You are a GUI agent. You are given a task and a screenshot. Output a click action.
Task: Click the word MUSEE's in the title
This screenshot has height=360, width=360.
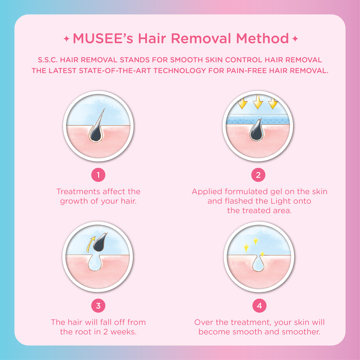[103, 38]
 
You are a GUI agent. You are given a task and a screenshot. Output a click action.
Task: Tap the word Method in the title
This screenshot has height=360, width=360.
[262, 38]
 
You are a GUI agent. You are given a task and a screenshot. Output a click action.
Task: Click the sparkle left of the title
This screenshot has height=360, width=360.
[66, 39]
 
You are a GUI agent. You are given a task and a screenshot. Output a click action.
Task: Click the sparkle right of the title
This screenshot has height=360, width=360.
[295, 39]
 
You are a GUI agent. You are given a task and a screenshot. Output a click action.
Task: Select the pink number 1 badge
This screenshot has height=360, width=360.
[98, 175]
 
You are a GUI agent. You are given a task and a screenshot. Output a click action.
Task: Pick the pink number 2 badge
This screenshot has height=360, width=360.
[258, 175]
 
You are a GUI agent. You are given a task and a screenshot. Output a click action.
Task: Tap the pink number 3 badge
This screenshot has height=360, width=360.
[98, 306]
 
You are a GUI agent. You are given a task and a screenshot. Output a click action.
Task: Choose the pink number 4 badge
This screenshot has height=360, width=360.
[259, 306]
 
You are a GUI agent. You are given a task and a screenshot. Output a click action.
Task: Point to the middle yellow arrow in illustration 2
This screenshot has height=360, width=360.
[258, 102]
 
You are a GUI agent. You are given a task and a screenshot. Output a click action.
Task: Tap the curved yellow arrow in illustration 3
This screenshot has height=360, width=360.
[90, 244]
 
